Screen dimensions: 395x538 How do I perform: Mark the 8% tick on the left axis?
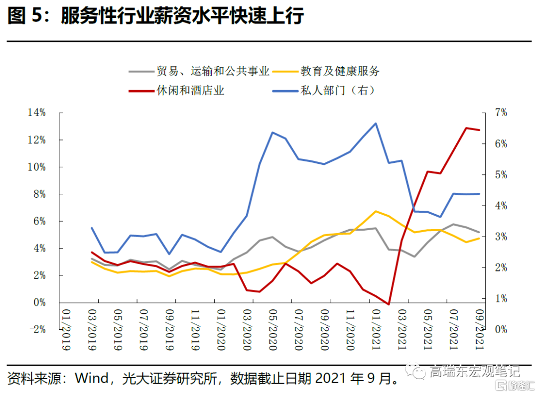(x=39, y=194)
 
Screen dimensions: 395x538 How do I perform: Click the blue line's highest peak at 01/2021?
(x=375, y=123)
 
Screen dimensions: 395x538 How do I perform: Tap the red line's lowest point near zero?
(x=389, y=304)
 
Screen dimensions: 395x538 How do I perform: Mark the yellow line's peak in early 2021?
(x=376, y=211)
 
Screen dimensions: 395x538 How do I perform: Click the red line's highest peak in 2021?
(x=466, y=128)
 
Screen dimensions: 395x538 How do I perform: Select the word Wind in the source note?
(x=92, y=379)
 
